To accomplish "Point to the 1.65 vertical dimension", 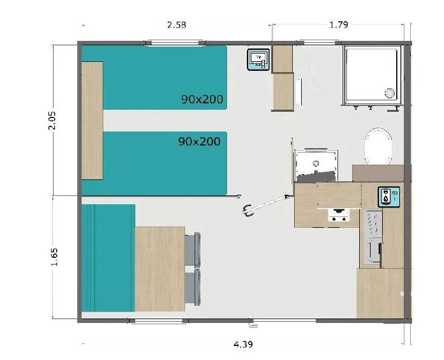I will pos(54,257).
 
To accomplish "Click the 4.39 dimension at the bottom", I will pos(241,345).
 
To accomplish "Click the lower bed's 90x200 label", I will pos(199,141).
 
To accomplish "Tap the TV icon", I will pos(258,59).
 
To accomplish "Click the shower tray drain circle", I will pos(389,93).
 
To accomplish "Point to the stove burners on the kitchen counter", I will pos(338,216).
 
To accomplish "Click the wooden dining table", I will pos(159,268).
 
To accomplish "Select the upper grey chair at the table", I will pos(193,250).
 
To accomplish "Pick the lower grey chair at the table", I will pos(193,287).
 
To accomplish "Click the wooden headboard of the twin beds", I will pos(93,120).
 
